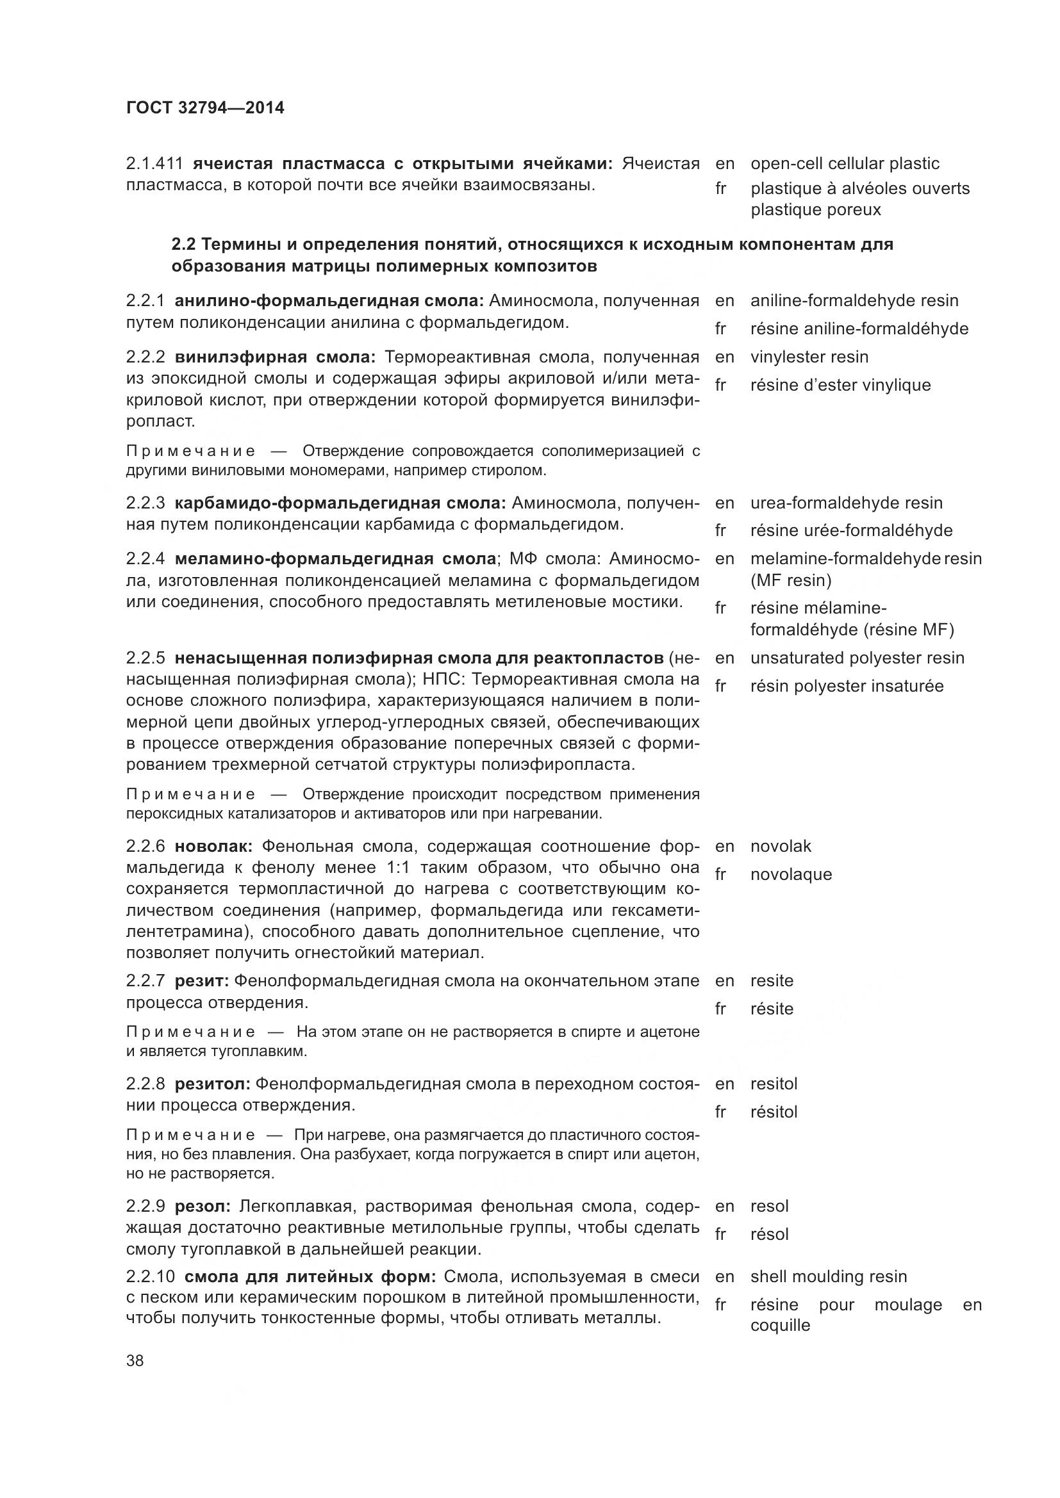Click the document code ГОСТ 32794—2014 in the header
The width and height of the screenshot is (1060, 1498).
pos(205,108)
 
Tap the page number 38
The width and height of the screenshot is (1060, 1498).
pos(135,1361)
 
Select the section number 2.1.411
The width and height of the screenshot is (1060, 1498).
pos(154,163)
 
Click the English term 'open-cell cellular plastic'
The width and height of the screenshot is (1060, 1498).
pos(845,164)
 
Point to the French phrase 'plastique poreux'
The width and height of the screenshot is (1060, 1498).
pos(815,210)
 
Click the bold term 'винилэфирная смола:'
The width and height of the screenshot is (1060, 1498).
pos(275,357)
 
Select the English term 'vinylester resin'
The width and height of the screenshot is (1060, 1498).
pos(809,357)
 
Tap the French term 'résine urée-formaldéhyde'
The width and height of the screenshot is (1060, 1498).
pos(851,530)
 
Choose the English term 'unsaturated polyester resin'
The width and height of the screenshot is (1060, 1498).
pos(857,658)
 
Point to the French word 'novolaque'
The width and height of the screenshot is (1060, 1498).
pos(791,875)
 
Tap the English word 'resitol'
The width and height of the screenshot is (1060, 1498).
pos(774,1084)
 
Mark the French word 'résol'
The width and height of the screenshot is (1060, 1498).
pos(770,1234)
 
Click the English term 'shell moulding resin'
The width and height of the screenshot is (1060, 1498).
pos(828,1277)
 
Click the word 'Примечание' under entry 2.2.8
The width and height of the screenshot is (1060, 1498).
pos(190,1135)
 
